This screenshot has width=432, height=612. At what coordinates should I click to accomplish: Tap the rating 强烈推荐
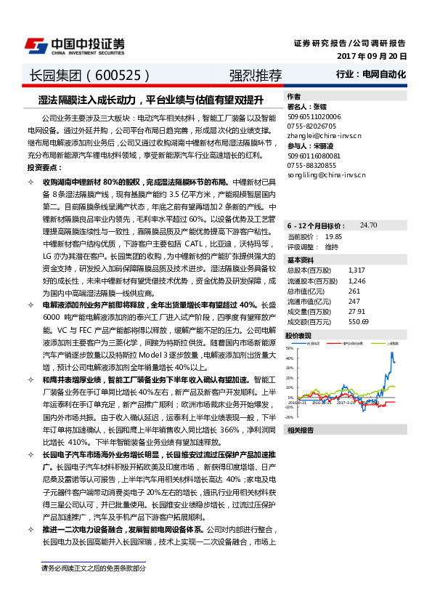click(250, 75)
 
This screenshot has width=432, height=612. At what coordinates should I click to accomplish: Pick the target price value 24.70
click(368, 226)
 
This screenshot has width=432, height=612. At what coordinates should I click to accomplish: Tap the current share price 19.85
click(334, 237)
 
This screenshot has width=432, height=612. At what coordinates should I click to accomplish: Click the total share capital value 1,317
click(356, 270)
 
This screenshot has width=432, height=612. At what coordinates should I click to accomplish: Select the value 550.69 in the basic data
click(359, 321)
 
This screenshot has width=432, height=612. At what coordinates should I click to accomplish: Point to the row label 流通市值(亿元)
click(307, 301)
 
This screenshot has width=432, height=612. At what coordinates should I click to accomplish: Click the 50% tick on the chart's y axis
click(289, 348)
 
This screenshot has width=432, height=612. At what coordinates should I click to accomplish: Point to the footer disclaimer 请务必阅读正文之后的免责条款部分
click(94, 568)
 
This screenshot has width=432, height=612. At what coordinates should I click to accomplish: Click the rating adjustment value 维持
click(332, 247)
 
